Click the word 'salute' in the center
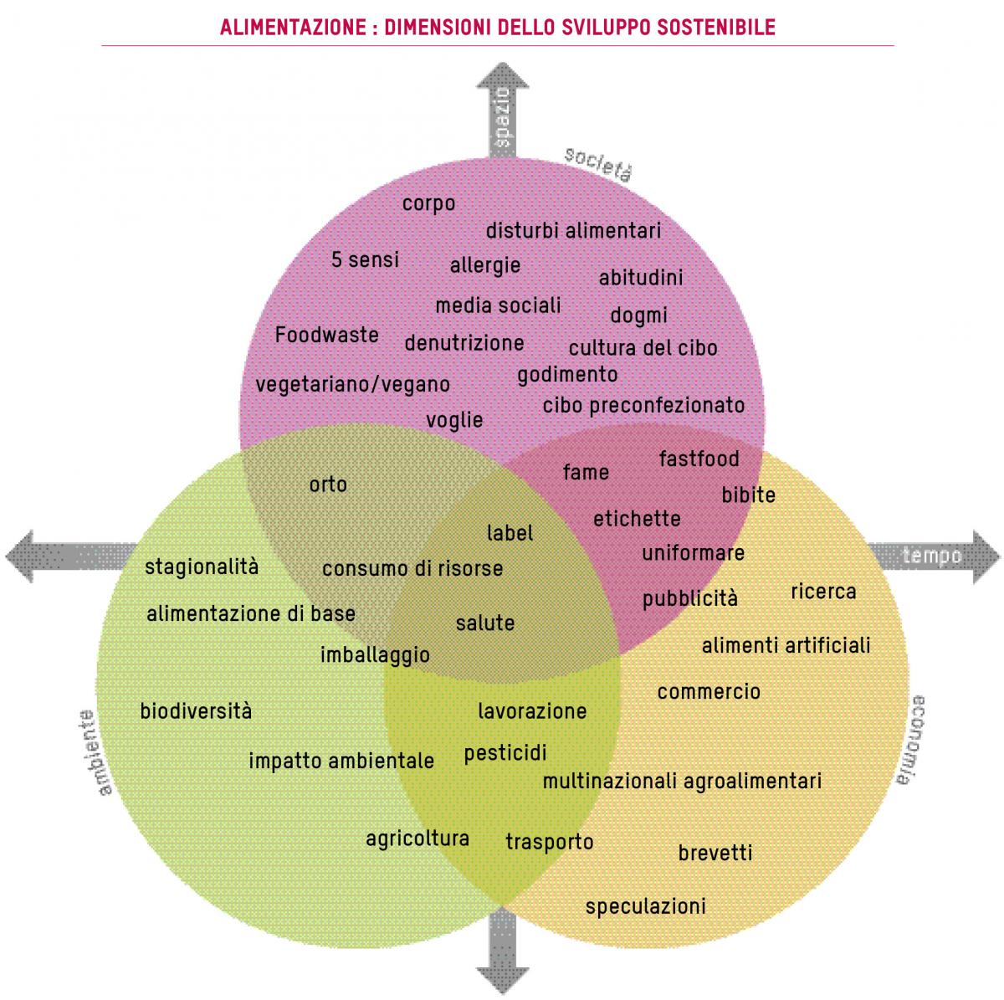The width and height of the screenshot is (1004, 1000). [x=484, y=623]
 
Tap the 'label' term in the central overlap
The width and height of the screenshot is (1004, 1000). [x=510, y=533]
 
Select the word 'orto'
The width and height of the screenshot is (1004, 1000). [x=328, y=485]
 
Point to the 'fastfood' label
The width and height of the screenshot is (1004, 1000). [x=699, y=459]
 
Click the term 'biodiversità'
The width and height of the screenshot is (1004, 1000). [x=196, y=711]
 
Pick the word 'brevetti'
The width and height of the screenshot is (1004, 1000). [x=715, y=853]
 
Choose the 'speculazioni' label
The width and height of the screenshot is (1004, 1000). [x=646, y=906]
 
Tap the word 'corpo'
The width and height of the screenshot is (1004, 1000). [x=428, y=203]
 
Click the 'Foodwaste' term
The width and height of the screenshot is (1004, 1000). [x=327, y=336]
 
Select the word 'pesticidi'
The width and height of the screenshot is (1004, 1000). [x=505, y=752]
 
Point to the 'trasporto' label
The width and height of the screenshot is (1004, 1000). [x=550, y=841]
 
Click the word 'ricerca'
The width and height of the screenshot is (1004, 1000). [x=824, y=592]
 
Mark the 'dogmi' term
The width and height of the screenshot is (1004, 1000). [x=638, y=315]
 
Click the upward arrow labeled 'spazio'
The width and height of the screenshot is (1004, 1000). [x=502, y=109]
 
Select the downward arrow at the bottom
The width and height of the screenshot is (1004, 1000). [x=502, y=954]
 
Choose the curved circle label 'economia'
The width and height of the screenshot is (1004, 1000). [x=910, y=740]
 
